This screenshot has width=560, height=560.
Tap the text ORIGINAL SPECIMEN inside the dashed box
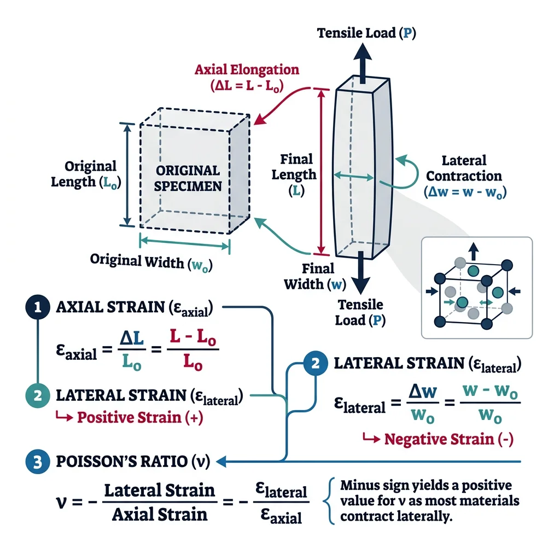click(x=188, y=178)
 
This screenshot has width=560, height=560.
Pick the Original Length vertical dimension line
click(x=127, y=174)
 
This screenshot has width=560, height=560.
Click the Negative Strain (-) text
click(x=448, y=439)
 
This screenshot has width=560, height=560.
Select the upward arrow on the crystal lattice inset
click(x=474, y=252)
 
